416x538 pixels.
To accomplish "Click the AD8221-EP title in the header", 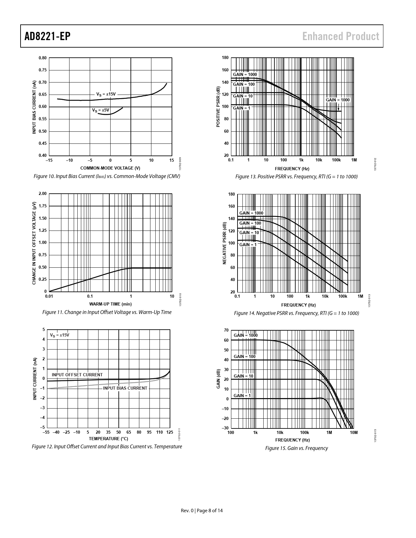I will tap(48, 36).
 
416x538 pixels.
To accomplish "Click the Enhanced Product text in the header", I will tap(341, 36).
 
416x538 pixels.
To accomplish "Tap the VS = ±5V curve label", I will tap(100, 110).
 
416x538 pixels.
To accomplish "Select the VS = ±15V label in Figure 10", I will tap(106, 94).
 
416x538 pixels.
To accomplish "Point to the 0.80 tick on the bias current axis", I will tap(42, 58).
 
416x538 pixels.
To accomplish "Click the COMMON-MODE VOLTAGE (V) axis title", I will tap(110, 168).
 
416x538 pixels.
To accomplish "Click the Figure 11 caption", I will tap(107, 312).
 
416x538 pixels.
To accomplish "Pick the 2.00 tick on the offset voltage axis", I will tap(42, 194).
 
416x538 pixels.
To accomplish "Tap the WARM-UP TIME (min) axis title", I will tap(110, 304).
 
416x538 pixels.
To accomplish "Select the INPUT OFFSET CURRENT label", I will tap(77, 375).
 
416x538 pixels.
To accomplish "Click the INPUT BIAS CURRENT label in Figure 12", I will tap(125, 388).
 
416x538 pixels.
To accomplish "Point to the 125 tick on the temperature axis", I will tap(170, 432).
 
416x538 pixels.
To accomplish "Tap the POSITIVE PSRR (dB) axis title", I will tap(218, 107).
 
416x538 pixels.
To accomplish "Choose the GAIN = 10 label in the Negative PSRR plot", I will tap(249, 233).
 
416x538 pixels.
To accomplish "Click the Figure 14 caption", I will tap(296, 313).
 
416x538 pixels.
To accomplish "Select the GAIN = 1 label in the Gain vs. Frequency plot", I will tap(242, 396).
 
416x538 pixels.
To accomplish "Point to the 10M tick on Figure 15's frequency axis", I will tap(354, 433).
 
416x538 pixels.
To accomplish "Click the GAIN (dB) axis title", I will tap(218, 379).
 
